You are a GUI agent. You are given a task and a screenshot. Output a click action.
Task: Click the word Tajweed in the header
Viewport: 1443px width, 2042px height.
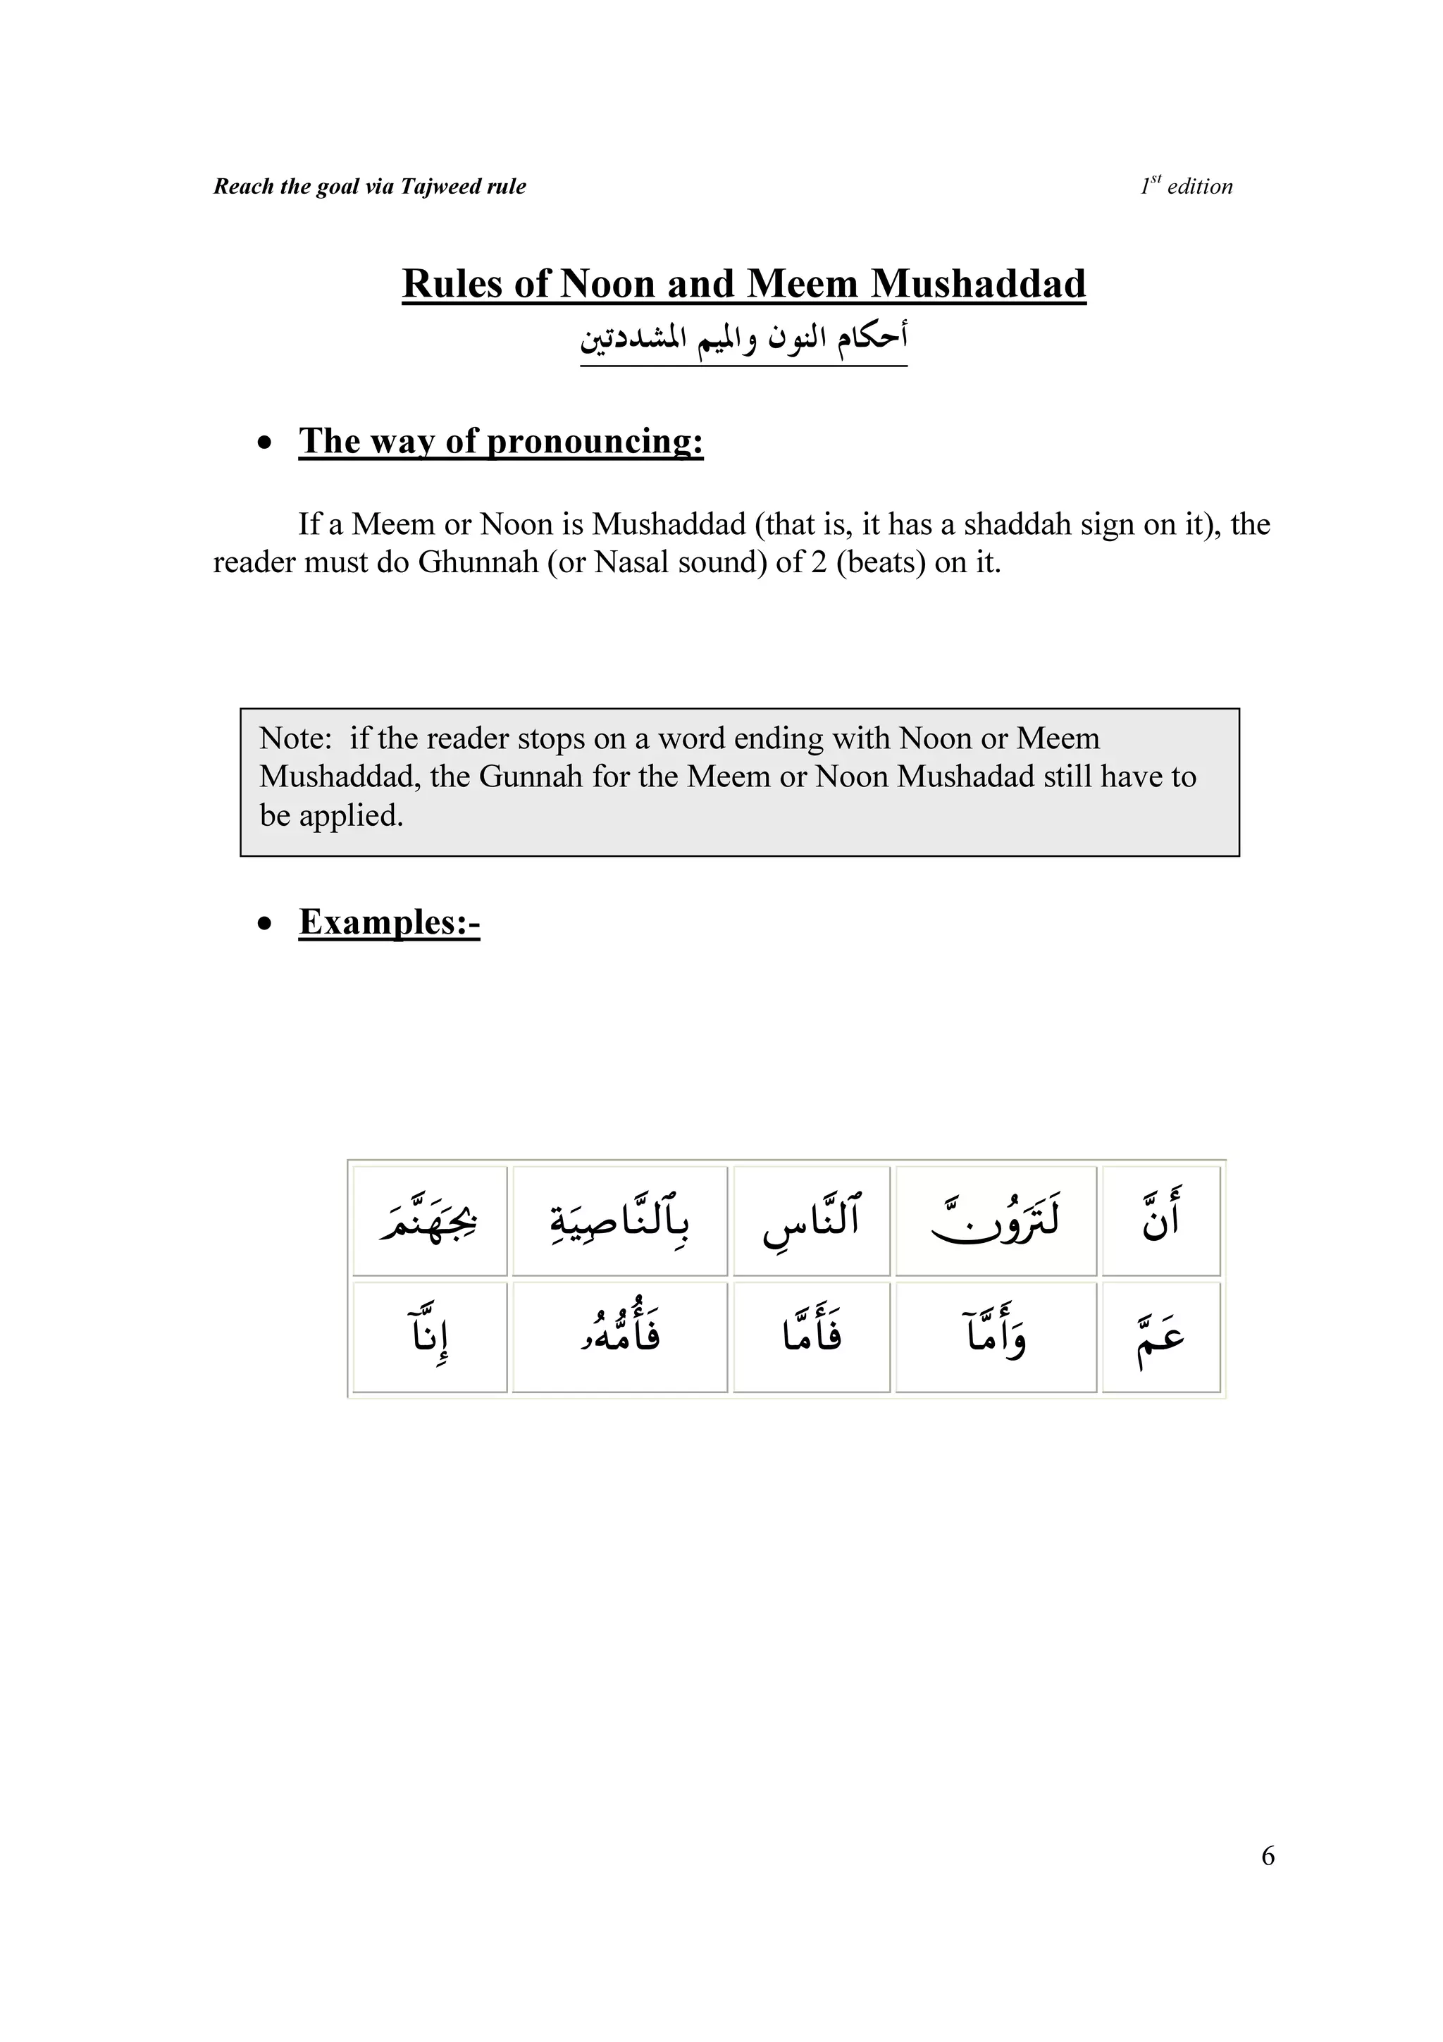pos(438,187)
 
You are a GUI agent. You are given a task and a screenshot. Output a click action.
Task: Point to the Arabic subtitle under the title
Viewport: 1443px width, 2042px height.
pos(743,340)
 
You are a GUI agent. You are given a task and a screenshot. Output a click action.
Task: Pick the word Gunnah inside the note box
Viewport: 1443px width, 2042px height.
pos(528,776)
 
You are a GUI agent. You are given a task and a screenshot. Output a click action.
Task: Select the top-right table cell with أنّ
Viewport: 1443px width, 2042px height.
pos(1160,1220)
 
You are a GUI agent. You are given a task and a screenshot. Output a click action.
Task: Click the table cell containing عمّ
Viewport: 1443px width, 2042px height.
pos(1160,1337)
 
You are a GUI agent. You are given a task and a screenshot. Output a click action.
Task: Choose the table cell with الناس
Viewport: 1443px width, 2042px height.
pos(811,1220)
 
